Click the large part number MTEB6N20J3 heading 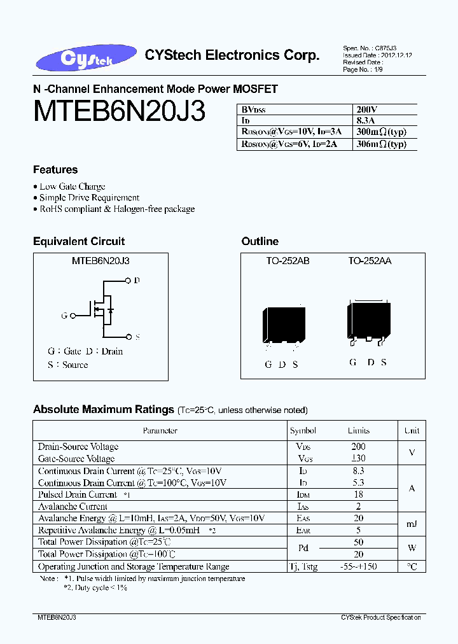(x=119, y=113)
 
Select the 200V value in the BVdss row (x=366, y=109)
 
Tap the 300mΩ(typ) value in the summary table (x=381, y=132)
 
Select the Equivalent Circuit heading (x=79, y=241)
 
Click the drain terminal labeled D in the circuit (x=129, y=280)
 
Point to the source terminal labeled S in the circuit (x=129, y=337)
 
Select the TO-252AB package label (x=288, y=261)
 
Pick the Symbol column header (x=303, y=431)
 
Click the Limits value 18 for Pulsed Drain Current (x=358, y=494)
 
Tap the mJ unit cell (x=412, y=524)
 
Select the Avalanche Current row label (x=73, y=507)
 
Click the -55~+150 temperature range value (x=358, y=566)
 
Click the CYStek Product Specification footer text (x=380, y=618)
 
